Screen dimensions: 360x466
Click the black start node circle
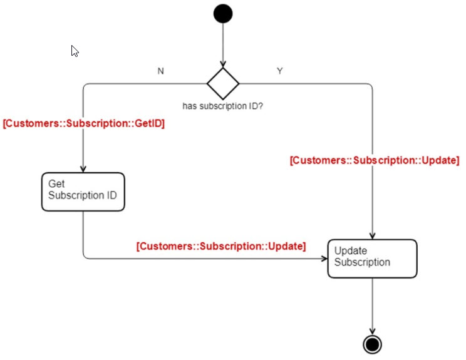click(222, 14)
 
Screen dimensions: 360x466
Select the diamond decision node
click(223, 83)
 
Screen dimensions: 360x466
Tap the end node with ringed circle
click(372, 344)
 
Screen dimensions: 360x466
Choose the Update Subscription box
click(371, 258)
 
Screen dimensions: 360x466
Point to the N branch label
click(161, 71)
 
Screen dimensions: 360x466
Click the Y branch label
click(279, 71)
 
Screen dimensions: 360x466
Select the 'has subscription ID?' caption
click(223, 106)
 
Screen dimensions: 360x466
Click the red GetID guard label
click(84, 124)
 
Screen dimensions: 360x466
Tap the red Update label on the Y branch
click(375, 160)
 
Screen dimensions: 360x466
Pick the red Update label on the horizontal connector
click(221, 246)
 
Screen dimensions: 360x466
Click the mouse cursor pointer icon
click(75, 51)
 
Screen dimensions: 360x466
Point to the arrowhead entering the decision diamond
click(223, 64)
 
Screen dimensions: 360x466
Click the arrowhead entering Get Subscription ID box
click(83, 168)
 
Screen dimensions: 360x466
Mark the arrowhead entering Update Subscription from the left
click(324, 257)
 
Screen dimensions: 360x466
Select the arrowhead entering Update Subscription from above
click(372, 235)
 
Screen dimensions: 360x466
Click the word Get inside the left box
click(56, 183)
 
